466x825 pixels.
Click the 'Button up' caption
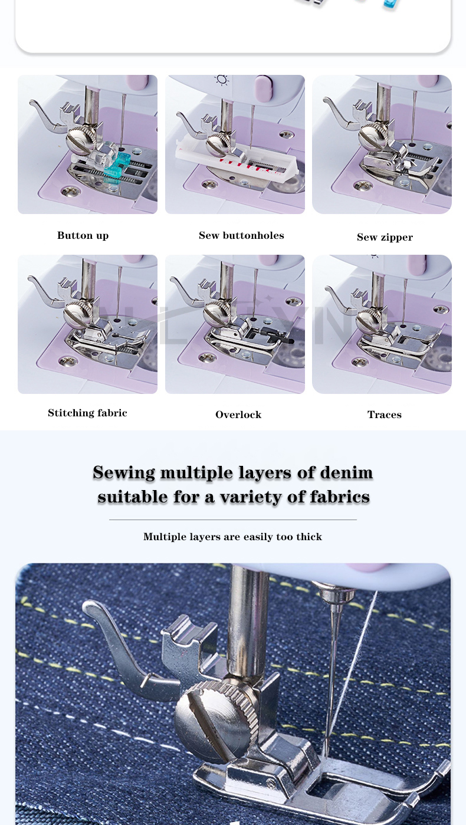pos(83,235)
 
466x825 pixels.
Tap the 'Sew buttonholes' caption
pos(241,235)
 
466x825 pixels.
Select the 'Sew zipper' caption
pos(385,237)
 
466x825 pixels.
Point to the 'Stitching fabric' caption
pos(87,413)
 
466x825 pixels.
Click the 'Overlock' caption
pos(238,415)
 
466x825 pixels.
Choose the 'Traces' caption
pos(385,415)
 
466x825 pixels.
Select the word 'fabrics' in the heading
pos(340,497)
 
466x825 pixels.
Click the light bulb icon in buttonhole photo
pos(222,80)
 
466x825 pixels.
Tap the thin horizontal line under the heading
pos(233,520)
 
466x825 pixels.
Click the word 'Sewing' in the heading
pos(124,472)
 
